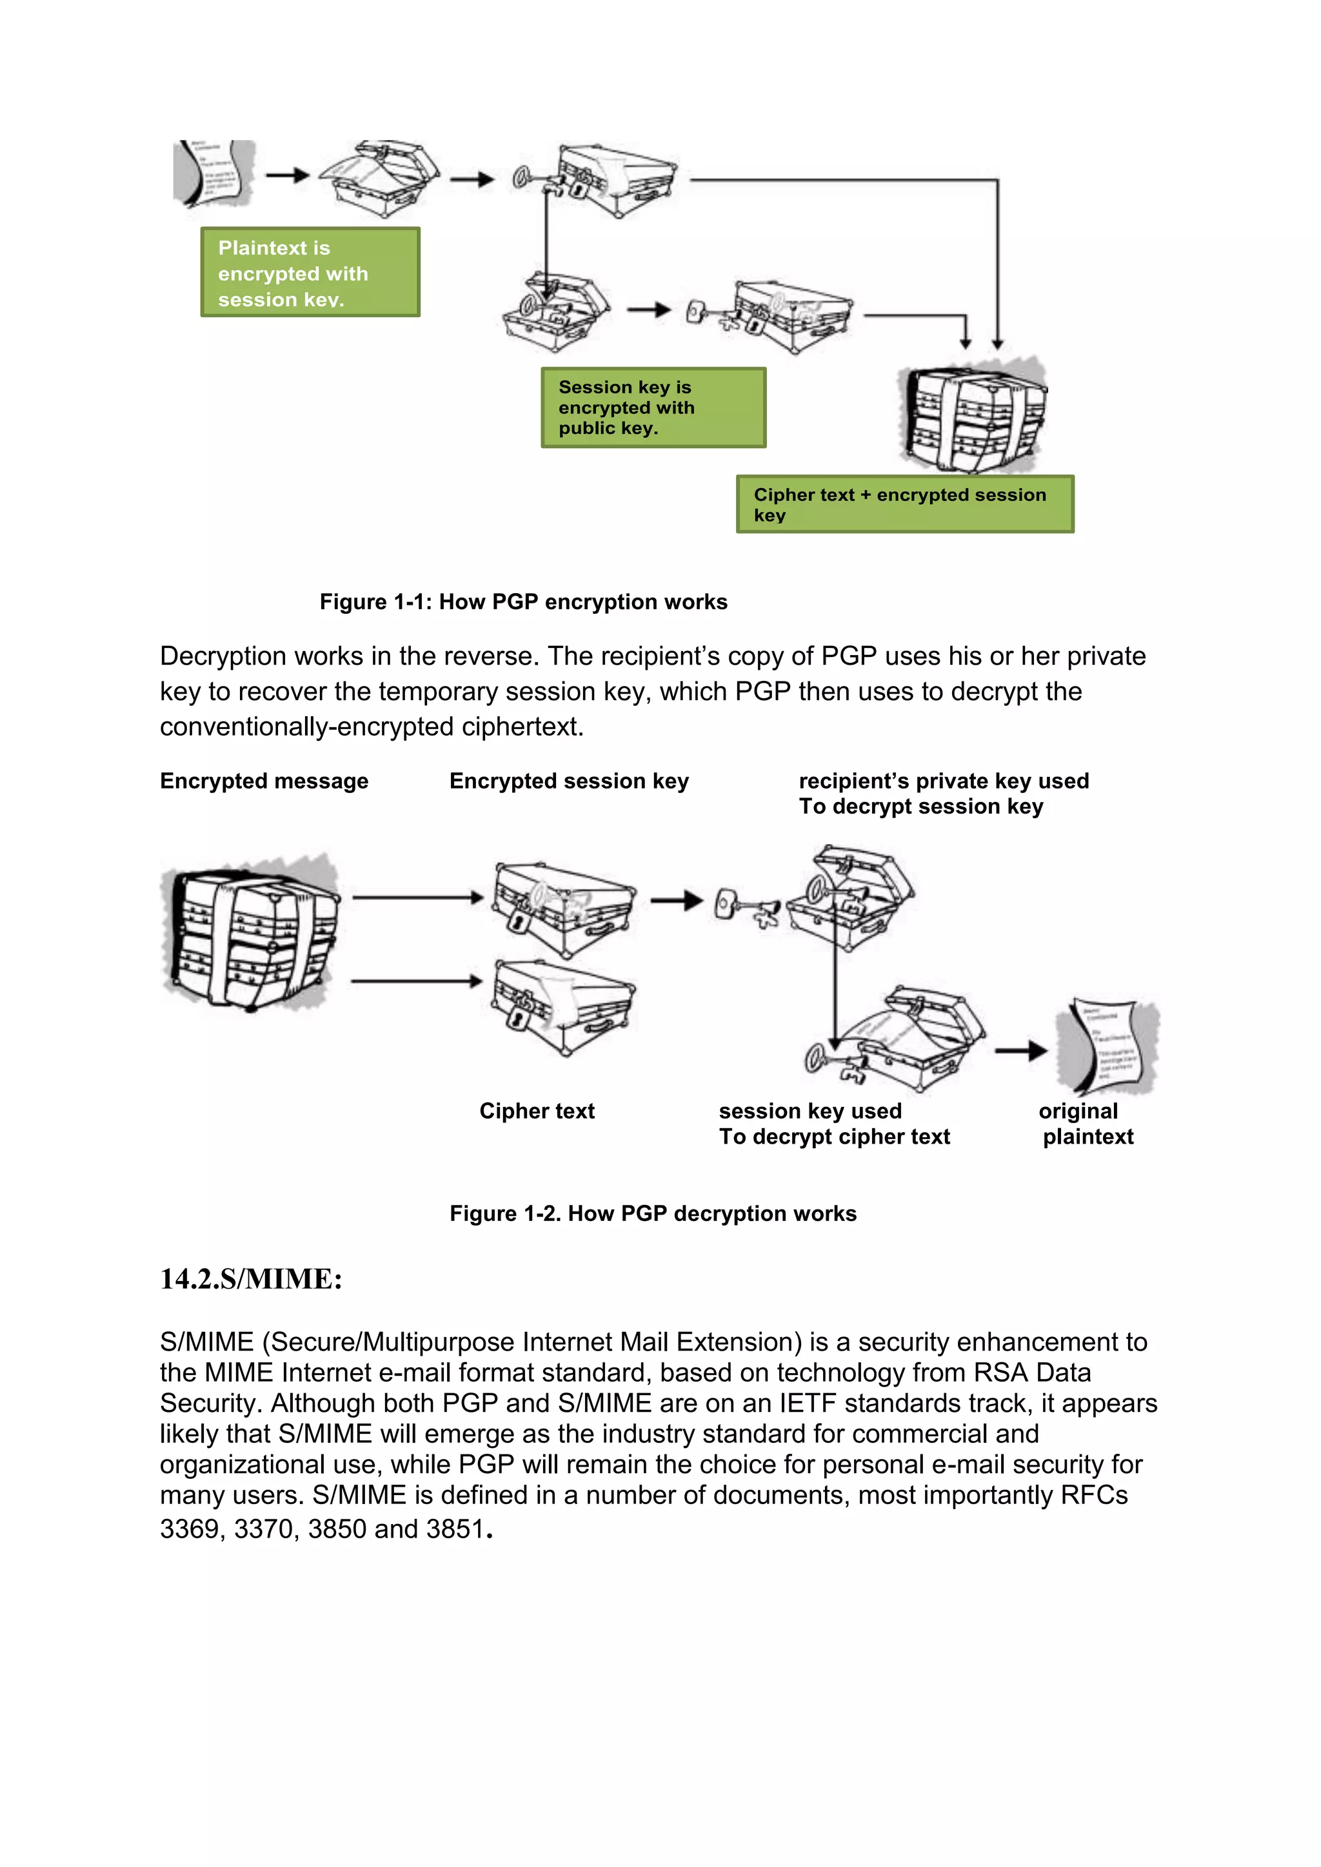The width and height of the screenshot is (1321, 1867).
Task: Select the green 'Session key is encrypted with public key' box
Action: pos(653,407)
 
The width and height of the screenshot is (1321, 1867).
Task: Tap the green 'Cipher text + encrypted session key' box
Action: pos(904,504)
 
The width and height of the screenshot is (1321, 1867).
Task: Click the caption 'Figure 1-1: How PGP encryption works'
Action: pos(523,601)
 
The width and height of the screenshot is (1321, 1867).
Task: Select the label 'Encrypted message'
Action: pos(264,781)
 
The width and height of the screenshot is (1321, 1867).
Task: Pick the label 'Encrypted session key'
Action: pos(568,781)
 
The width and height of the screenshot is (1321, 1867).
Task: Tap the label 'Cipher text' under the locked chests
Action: pos(537,1111)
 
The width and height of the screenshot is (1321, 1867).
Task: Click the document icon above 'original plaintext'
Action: pos(1107,1046)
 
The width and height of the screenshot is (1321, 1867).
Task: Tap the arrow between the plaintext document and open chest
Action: pos(287,175)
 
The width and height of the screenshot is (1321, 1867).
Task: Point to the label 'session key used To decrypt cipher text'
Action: pos(834,1124)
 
